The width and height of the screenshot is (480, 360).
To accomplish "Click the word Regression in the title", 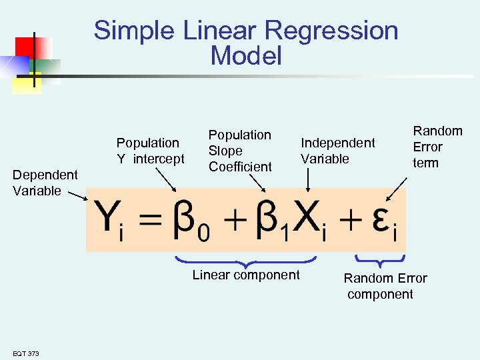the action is [331, 31].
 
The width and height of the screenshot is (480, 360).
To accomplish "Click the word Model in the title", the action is [246, 56].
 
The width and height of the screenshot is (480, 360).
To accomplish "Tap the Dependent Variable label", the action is [45, 183].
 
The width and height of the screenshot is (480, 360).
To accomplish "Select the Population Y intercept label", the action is [150, 151].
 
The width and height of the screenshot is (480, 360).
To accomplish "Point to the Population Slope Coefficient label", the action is [240, 151].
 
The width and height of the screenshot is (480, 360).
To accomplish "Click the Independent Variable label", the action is [337, 151].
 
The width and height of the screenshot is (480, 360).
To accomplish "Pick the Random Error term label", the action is [437, 147].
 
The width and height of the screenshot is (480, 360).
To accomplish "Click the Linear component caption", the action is [246, 275].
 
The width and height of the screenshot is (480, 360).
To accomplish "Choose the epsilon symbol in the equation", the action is [381, 220].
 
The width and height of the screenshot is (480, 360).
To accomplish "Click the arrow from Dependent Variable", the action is [77, 195].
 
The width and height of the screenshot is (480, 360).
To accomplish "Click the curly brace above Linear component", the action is [245, 260].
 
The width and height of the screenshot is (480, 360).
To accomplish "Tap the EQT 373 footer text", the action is [25, 353].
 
